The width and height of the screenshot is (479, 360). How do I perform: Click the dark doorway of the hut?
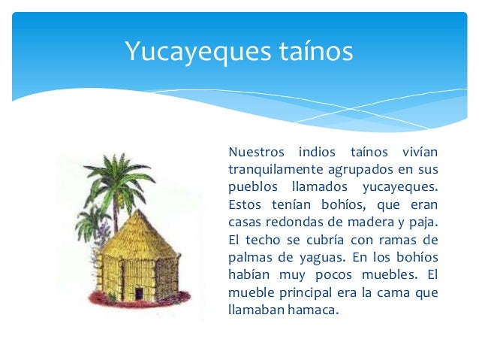coord(139,291)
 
